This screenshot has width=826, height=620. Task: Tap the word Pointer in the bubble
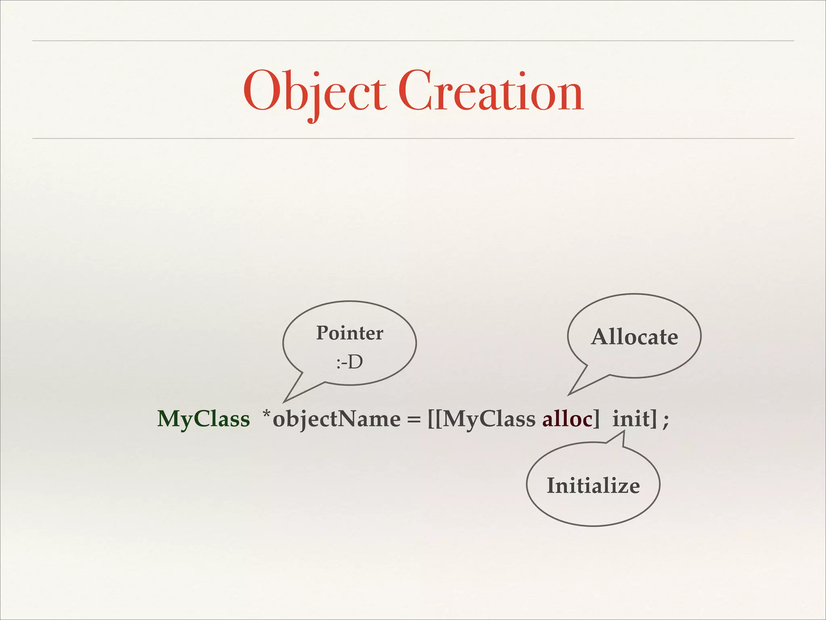tap(349, 333)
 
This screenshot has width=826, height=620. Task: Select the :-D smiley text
tap(349, 362)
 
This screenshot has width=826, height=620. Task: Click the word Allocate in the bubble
tap(634, 337)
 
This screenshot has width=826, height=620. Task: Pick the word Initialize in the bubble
tap(593, 486)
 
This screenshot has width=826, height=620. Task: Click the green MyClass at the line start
tap(204, 419)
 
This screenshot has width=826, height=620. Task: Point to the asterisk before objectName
tap(267, 415)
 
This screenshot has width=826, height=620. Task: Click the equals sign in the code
tap(413, 420)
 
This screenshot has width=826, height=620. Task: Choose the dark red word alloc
tap(567, 419)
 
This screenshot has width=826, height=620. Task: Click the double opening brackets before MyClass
tap(435, 419)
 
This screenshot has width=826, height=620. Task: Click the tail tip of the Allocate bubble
tap(569, 394)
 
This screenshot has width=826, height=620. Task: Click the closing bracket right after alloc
tap(597, 419)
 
